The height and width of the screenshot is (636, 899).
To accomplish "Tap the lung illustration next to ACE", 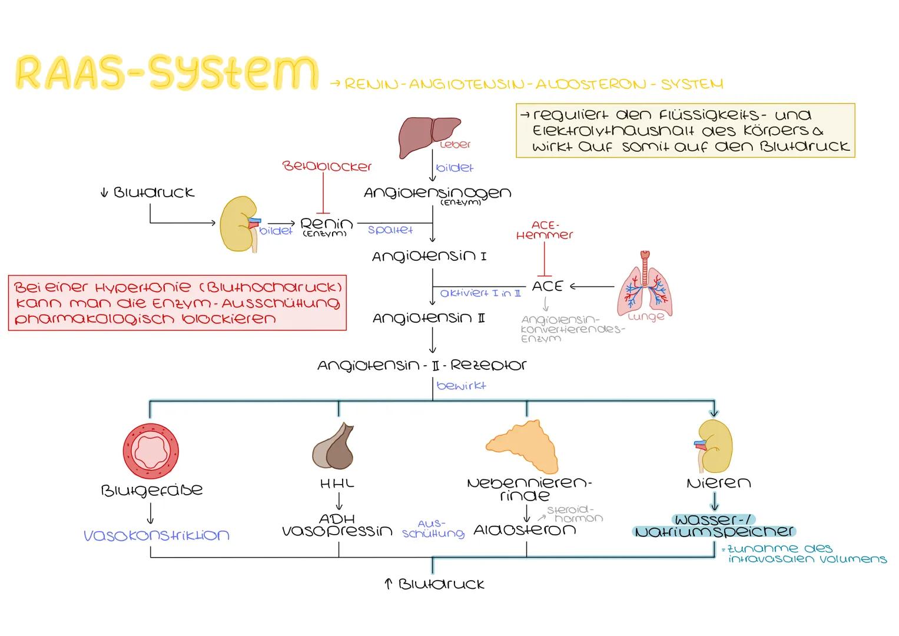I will coord(645,285).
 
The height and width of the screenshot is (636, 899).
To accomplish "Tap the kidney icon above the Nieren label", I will coord(715,445).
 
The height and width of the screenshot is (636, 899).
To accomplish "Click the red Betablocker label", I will coord(327,167).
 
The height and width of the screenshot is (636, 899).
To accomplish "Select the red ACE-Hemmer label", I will coord(544,230).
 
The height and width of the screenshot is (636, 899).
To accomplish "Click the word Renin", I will coord(326,224).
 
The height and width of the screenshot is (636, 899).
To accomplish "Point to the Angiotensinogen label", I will coord(437,193).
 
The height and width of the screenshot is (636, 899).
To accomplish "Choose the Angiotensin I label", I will coord(429,256).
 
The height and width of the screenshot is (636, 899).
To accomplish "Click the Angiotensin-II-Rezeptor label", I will coord(422,365).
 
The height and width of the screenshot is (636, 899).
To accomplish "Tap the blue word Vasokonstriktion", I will coord(157,535).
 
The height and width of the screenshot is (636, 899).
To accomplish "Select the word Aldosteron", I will coord(525,530).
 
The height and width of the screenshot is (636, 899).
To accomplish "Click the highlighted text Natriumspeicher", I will coord(715,531).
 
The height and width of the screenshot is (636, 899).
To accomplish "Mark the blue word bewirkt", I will coord(461,386).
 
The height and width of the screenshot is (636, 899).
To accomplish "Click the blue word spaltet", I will coord(390,230).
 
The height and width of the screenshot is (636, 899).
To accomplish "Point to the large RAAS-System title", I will coord(166,73).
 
